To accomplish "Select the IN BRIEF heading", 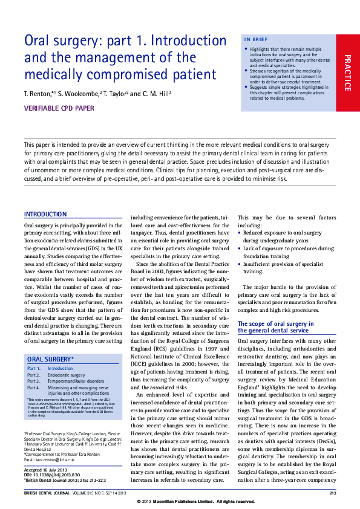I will pos(255,39).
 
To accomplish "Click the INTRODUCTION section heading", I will pos(45,215).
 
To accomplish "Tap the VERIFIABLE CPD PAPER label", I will pos(60,109).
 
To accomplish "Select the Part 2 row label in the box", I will pos(34,375).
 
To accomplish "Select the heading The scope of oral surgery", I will pos(275,327).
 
